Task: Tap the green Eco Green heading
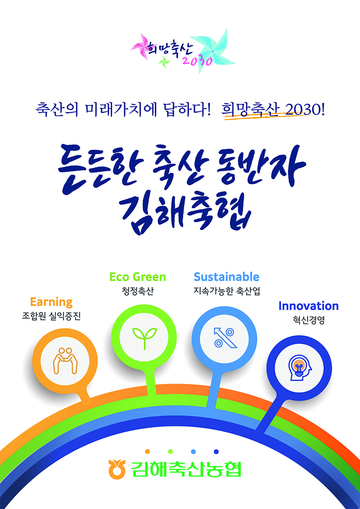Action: point(138,277)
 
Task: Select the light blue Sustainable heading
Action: point(227,277)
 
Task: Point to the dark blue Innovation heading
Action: point(308,306)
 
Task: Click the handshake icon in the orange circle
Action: point(65,360)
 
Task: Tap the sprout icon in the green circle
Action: point(144,338)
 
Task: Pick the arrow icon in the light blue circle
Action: point(224,338)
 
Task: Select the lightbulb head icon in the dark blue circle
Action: point(299,368)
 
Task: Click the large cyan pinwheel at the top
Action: point(212,51)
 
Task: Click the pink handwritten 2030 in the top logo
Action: point(197,61)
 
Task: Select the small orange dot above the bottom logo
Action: point(147,451)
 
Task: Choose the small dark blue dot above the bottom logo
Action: point(216,451)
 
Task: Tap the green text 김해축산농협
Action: point(186,469)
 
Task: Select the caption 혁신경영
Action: point(308,321)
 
